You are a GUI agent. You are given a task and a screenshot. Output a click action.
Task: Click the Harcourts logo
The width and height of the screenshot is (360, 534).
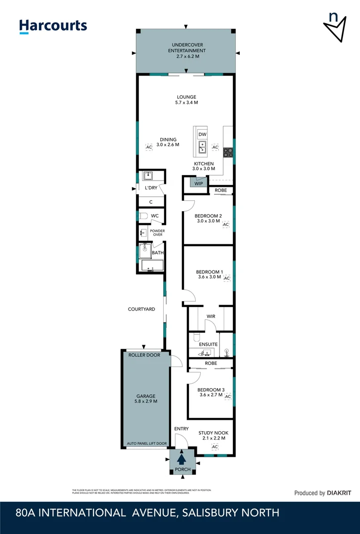53,26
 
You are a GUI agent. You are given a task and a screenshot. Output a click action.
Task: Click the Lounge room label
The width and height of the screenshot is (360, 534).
186,97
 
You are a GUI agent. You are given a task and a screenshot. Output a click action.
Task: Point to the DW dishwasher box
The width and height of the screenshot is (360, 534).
202,134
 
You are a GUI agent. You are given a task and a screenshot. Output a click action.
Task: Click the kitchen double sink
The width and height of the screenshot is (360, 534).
202,147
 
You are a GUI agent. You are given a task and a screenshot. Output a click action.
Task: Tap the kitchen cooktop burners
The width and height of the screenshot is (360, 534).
228,153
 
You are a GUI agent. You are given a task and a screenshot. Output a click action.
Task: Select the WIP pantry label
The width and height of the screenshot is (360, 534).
198,183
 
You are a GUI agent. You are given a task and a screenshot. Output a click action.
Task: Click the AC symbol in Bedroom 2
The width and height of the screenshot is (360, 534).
226,225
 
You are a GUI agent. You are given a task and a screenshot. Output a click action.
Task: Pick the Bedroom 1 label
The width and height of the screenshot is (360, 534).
209,272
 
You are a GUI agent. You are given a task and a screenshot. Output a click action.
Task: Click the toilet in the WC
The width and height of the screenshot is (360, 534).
143,216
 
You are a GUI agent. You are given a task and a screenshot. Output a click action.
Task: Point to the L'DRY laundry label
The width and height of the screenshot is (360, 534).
151,188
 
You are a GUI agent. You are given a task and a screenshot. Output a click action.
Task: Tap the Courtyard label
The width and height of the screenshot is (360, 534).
141,309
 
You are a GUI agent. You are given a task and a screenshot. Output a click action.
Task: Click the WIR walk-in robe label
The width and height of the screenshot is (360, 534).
210,316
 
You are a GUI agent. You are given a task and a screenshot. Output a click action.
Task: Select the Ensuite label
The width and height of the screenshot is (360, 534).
209,344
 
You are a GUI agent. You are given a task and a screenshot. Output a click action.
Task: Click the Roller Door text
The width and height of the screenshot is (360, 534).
144,355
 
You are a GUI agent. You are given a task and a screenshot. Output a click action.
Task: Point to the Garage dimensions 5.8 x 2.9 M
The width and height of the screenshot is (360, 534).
146,401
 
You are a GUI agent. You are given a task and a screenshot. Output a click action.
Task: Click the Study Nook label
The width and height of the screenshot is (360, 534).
214,433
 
